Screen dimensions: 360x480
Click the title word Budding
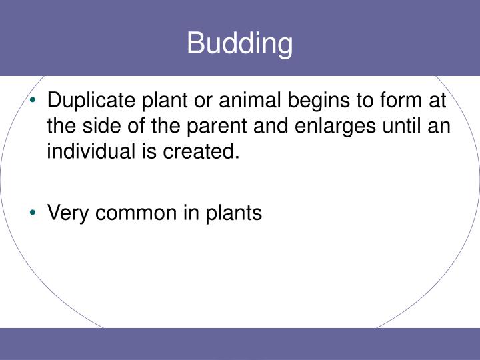click(x=239, y=44)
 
